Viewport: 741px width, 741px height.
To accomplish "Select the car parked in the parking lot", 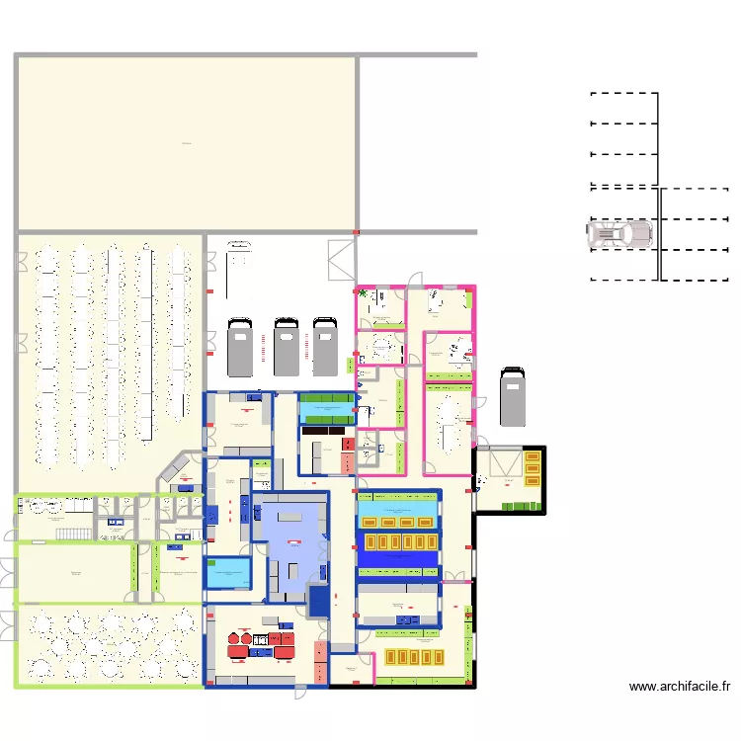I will coord(619,234).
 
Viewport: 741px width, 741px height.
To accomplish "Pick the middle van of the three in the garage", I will coord(287,347).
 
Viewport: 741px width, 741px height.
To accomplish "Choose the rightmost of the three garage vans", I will coord(324,347).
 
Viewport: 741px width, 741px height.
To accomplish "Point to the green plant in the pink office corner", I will coord(363,293).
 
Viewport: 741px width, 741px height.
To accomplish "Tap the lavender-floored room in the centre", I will coord(290,544).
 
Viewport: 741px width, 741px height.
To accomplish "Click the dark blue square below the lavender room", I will coord(319,601).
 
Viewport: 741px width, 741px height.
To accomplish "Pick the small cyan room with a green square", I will coord(228,573).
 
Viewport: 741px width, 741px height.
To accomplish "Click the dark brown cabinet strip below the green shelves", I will coord(327,430).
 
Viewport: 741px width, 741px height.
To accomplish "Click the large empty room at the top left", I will coord(187,143).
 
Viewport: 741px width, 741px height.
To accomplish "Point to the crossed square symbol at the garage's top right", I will coord(338,259).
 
